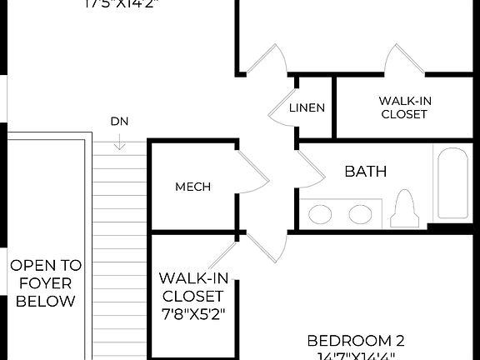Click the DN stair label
(x=119, y=122)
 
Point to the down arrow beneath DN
(x=119, y=142)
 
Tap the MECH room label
(x=192, y=187)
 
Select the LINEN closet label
(x=307, y=108)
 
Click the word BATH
(x=366, y=172)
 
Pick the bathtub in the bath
(x=452, y=183)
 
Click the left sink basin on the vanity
(x=320, y=214)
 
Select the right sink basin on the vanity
(x=360, y=214)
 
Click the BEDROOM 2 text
(x=356, y=340)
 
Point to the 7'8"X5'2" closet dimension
(x=192, y=315)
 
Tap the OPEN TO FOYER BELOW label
(x=46, y=283)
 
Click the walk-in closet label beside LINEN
(x=404, y=107)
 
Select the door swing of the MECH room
(x=252, y=172)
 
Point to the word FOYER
(x=46, y=283)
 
